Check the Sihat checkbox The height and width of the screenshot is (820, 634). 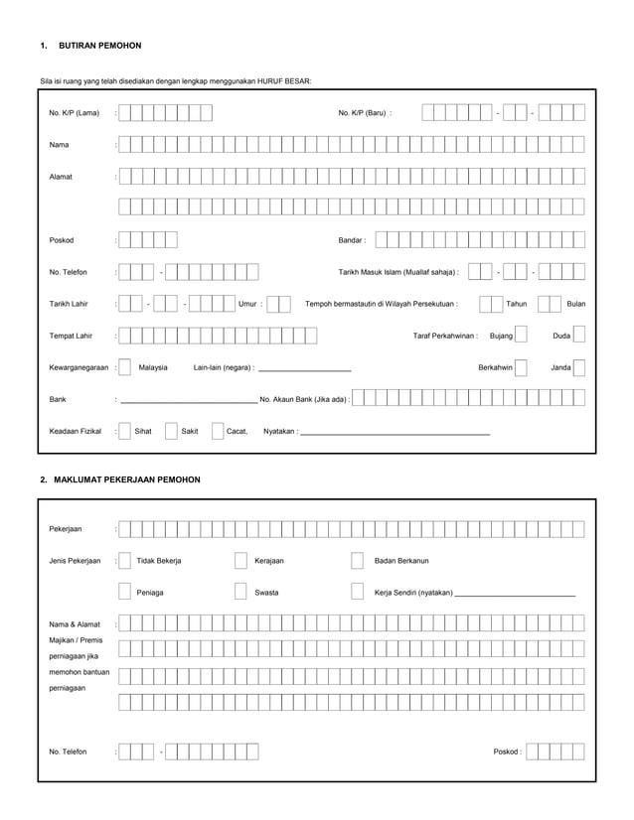point(124,431)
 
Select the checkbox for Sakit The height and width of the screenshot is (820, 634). point(171,431)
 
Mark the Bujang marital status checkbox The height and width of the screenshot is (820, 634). point(521,336)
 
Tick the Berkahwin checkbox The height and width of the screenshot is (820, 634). point(521,367)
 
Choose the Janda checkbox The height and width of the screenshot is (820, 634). point(579,367)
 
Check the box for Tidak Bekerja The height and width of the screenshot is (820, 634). point(124,561)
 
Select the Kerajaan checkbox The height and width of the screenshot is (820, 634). point(240,561)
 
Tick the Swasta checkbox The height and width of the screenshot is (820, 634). point(240,593)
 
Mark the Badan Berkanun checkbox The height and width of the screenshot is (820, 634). point(357,561)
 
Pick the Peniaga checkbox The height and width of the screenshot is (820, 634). point(124,593)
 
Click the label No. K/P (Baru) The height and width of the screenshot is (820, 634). point(364,113)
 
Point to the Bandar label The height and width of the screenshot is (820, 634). point(352,240)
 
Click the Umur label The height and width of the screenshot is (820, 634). point(249,304)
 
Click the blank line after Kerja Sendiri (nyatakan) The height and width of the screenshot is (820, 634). point(514,595)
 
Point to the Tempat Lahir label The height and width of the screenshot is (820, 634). point(71,336)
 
